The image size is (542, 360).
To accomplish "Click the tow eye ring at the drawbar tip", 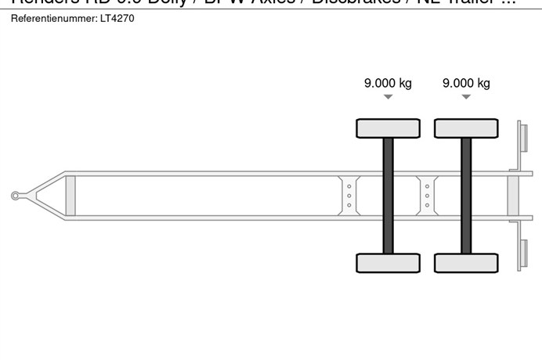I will (15, 196).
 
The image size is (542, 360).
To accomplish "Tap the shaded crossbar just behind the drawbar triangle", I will (70, 196).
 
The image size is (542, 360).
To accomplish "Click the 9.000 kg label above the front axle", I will (388, 84).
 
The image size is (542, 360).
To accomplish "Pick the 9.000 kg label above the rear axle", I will (466, 84).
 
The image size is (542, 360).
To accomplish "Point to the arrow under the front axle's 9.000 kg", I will (388, 98).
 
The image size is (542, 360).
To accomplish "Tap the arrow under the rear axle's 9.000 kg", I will (466, 98).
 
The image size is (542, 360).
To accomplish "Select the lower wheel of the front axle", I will (388, 263).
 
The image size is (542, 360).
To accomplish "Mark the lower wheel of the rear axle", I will (466, 263).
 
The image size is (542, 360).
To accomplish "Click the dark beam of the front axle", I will (388, 196).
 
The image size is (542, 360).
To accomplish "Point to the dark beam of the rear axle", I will (466, 196).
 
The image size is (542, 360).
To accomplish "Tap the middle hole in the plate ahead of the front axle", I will (349, 196).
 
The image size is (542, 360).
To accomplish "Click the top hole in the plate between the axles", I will (428, 186).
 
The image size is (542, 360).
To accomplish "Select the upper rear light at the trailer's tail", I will (521, 139).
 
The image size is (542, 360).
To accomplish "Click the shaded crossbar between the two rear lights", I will (513, 196).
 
